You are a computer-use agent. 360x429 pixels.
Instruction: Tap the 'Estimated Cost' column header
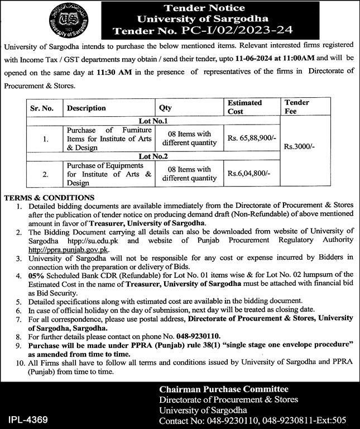point(244,107)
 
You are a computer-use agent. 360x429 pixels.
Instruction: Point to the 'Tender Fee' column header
point(296,107)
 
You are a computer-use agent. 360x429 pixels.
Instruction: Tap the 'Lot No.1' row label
point(153,120)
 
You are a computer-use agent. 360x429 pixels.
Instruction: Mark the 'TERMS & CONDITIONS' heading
point(49,198)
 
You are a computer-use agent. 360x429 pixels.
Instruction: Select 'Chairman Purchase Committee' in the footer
point(223,389)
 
